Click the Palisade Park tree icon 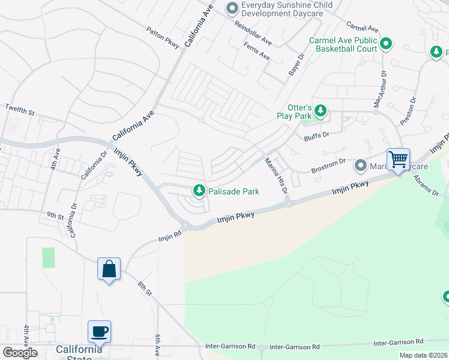point(199,191)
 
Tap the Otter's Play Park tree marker point(321,110)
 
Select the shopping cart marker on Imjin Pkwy point(397,160)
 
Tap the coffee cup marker point(100,331)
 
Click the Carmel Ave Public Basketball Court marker point(386,44)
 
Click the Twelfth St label point(20,109)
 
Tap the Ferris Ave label point(256,50)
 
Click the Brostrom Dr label point(328,166)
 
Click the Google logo point(20,353)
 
